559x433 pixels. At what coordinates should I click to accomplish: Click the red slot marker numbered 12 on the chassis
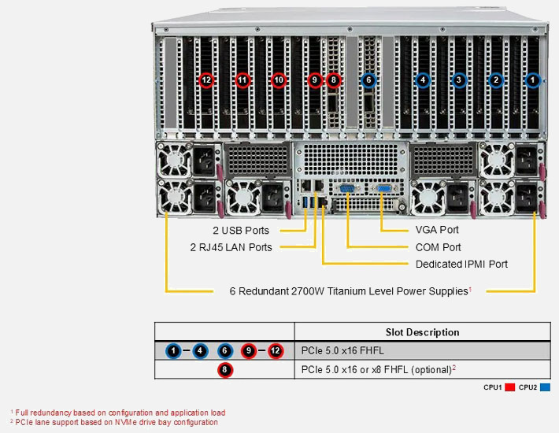[x=206, y=80]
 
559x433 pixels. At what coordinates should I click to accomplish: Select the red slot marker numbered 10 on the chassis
[x=278, y=80]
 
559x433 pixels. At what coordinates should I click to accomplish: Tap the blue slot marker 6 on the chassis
[x=368, y=80]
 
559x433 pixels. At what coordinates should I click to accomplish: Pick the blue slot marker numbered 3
[x=459, y=80]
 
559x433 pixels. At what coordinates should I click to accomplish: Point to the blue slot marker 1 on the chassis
[x=533, y=80]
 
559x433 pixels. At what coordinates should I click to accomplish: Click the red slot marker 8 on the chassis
[x=334, y=80]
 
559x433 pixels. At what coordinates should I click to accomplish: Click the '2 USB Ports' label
[x=240, y=231]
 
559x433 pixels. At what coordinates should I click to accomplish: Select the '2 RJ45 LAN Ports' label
[x=231, y=247]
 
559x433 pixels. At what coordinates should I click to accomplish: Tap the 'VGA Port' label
[x=437, y=230]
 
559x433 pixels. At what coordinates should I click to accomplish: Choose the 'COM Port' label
[x=439, y=247]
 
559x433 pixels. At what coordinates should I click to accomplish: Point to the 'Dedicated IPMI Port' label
[x=461, y=264]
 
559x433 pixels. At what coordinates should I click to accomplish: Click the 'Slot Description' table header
[x=422, y=332]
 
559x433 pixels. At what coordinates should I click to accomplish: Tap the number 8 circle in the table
[x=224, y=369]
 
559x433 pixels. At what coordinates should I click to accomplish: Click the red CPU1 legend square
[x=509, y=387]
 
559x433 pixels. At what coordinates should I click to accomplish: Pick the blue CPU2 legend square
[x=546, y=387]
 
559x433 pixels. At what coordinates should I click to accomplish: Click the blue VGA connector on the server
[x=384, y=189]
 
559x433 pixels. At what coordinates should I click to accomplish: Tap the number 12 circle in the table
[x=275, y=350]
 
